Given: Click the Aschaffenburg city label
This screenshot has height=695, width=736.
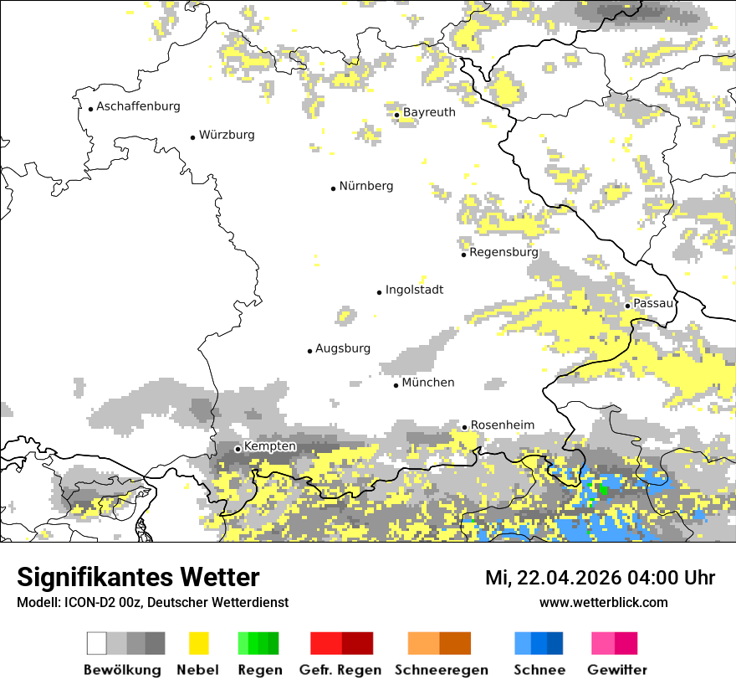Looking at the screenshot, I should pyautogui.click(x=138, y=106).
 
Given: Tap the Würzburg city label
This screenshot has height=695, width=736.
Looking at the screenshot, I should pyautogui.click(x=227, y=135).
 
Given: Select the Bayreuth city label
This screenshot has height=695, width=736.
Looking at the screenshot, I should pyautogui.click(x=429, y=112).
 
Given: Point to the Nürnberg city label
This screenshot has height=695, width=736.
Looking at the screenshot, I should pyautogui.click(x=366, y=186).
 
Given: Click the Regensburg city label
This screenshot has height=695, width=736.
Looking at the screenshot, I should pyautogui.click(x=503, y=252).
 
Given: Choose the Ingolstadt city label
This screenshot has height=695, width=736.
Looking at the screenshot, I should pyautogui.click(x=414, y=290).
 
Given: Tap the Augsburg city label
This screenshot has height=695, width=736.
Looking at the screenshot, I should pyautogui.click(x=343, y=348).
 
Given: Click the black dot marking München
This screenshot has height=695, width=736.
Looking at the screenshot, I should pyautogui.click(x=396, y=385).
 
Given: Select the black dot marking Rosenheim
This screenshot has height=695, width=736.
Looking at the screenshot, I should pyautogui.click(x=465, y=427).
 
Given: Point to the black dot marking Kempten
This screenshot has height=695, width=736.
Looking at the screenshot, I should pyautogui.click(x=238, y=449).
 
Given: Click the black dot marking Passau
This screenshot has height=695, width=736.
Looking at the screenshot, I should pyautogui.click(x=627, y=306).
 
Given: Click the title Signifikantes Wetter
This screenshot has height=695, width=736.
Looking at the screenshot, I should pyautogui.click(x=138, y=577).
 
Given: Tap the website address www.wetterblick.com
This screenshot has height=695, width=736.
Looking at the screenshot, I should pyautogui.click(x=603, y=602).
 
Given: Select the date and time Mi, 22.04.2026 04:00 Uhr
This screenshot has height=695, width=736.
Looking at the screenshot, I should pyautogui.click(x=600, y=578).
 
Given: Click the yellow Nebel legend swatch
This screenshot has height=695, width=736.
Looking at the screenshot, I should pyautogui.click(x=198, y=643).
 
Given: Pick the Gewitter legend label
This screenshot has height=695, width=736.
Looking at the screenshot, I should pyautogui.click(x=617, y=670).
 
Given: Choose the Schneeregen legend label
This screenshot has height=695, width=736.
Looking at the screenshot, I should pyautogui.click(x=442, y=670).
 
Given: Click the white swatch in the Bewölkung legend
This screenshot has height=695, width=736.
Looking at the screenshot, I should pyautogui.click(x=97, y=643).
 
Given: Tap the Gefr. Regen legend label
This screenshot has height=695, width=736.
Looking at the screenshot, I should pyautogui.click(x=340, y=670).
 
